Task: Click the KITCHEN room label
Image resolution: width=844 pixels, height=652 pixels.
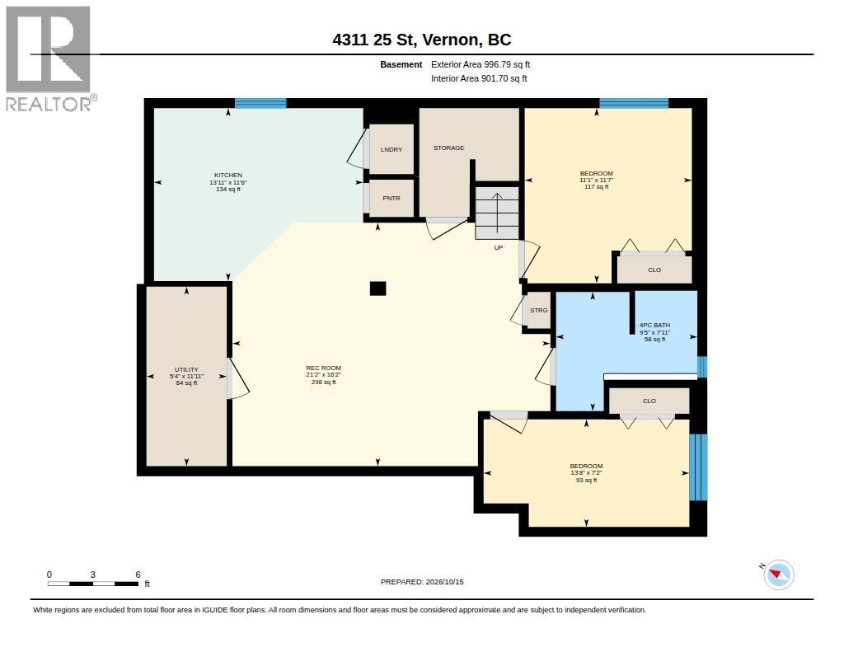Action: point(228,175)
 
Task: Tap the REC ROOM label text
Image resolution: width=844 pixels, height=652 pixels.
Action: point(323,368)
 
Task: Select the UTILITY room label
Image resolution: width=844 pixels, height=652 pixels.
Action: point(186,369)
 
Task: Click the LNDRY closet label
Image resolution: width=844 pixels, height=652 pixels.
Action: point(392,150)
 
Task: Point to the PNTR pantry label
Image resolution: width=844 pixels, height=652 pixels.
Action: point(392,198)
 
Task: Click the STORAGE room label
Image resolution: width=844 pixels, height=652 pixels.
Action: point(449,148)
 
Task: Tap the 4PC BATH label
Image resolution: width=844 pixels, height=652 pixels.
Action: point(654,326)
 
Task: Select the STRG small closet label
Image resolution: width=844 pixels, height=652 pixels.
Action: point(539,310)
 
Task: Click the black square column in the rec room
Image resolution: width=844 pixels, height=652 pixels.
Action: point(377,288)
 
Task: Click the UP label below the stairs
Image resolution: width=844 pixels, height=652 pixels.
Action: point(499,247)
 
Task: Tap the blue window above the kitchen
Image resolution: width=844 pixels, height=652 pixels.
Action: point(260,103)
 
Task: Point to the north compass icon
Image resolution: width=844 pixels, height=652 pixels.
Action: point(778,575)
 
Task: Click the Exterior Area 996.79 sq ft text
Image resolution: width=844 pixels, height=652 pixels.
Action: point(481,64)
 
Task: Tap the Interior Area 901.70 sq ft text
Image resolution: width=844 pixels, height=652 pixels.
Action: point(479,78)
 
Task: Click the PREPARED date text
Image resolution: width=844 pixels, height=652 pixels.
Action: point(422,582)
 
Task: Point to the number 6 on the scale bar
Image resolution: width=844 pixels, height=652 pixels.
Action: point(138,575)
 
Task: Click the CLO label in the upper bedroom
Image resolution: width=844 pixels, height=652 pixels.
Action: point(654,270)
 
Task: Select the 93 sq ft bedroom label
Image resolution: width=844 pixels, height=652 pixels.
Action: point(586,480)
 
